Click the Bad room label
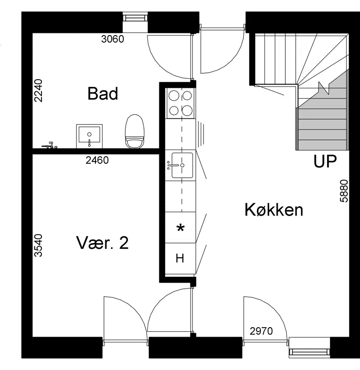(x=103, y=94)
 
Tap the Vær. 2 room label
(x=103, y=243)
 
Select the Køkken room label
(x=274, y=210)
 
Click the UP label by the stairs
(x=325, y=162)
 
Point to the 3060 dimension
(x=112, y=39)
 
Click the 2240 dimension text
(x=38, y=90)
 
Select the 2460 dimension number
(x=97, y=160)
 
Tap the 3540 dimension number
(x=38, y=245)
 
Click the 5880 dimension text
(x=344, y=191)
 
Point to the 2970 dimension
(x=261, y=331)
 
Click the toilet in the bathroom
(x=135, y=131)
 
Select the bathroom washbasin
(x=89, y=136)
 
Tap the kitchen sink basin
(x=182, y=165)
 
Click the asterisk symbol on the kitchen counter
(x=180, y=228)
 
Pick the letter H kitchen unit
(x=180, y=258)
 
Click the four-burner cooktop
(x=180, y=103)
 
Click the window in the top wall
(x=135, y=18)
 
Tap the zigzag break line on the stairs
(x=324, y=88)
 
